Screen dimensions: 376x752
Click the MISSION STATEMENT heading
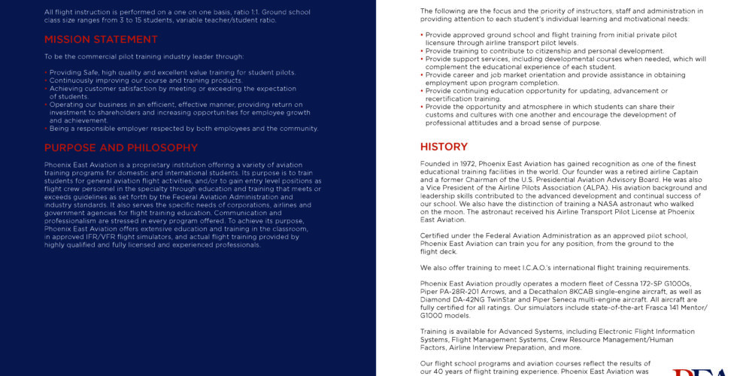click(101, 40)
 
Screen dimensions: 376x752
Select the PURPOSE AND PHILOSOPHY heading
click(120, 148)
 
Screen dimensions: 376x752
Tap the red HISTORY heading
click(444, 147)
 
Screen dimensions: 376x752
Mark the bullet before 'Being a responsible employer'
click(46, 129)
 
